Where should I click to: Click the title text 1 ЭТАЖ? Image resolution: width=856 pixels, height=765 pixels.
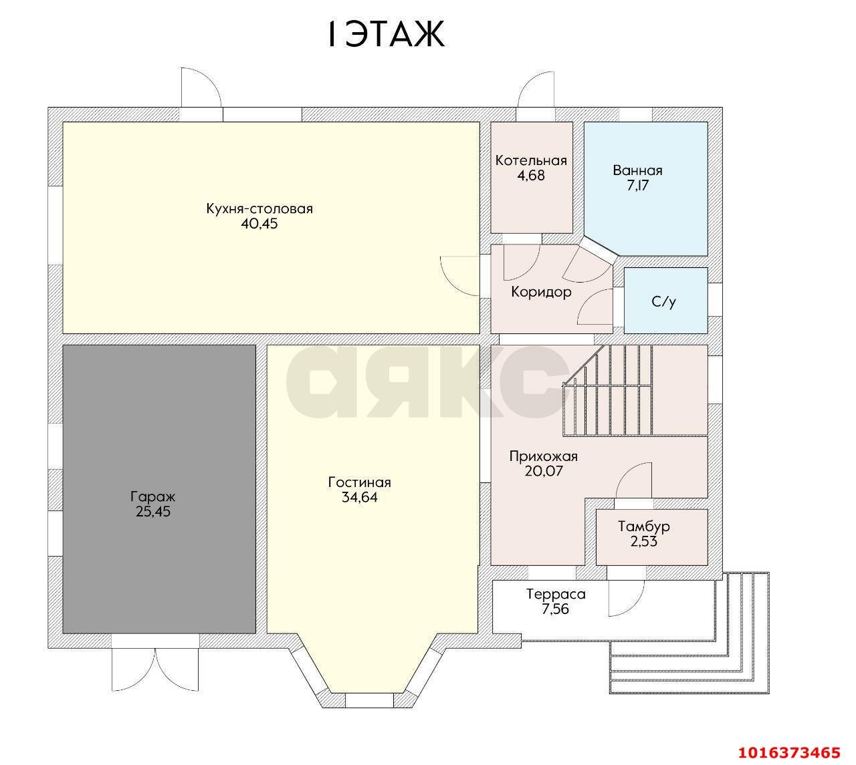pyautogui.click(x=386, y=35)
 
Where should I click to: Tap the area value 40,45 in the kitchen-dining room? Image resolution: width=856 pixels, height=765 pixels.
pyautogui.click(x=259, y=224)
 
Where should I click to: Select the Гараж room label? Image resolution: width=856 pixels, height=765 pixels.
pyautogui.click(x=152, y=496)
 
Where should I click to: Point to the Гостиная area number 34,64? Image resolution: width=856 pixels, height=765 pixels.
pyautogui.click(x=360, y=497)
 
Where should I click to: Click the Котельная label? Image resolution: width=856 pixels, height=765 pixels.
pyautogui.click(x=531, y=160)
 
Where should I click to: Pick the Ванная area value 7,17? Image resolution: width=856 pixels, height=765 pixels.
pyautogui.click(x=637, y=185)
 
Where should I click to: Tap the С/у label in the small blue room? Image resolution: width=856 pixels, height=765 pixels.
pyautogui.click(x=664, y=301)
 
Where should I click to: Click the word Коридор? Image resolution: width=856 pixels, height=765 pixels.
pyautogui.click(x=541, y=292)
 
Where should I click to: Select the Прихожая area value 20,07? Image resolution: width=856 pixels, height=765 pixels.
pyautogui.click(x=544, y=471)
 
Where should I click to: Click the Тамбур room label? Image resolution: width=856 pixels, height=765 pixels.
pyautogui.click(x=644, y=526)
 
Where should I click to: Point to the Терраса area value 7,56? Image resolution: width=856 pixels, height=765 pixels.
pyautogui.click(x=556, y=609)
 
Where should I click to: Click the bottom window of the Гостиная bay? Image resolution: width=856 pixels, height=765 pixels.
pyautogui.click(x=370, y=701)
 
